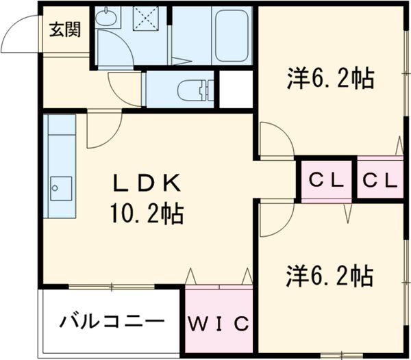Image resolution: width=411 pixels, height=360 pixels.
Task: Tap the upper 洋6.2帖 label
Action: pos(329,79)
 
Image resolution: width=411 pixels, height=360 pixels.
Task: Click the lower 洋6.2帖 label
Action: pos(329,277)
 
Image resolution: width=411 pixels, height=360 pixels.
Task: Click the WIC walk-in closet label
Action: pos(219,322)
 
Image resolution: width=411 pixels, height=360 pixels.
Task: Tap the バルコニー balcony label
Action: pos(111,320)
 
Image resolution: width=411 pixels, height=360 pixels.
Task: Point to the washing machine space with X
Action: pos(145,18)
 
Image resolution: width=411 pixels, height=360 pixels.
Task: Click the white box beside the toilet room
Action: pos(235,89)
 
